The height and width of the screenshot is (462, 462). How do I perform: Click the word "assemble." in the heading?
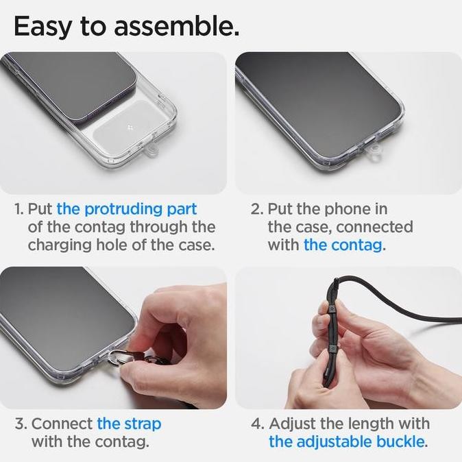pyautogui.click(x=176, y=26)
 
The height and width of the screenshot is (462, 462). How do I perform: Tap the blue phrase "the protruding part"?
pyautogui.click(x=127, y=210)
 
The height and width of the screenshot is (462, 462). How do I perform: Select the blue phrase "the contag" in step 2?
pyautogui.click(x=343, y=245)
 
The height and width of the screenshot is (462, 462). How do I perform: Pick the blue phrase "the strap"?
pyautogui.click(x=129, y=424)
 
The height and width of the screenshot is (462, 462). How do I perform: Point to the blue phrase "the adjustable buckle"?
pyautogui.click(x=347, y=442)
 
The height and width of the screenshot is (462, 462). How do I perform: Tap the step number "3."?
pyautogui.click(x=21, y=424)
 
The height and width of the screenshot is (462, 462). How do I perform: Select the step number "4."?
pyautogui.click(x=258, y=424)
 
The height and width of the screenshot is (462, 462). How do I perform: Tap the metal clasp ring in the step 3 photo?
pyautogui.click(x=113, y=357)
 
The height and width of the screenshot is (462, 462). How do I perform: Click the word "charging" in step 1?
pyautogui.click(x=59, y=245)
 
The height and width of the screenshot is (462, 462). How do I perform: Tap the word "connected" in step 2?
pyautogui.click(x=374, y=227)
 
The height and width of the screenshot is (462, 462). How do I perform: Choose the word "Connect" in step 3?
pyautogui.click(x=62, y=424)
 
